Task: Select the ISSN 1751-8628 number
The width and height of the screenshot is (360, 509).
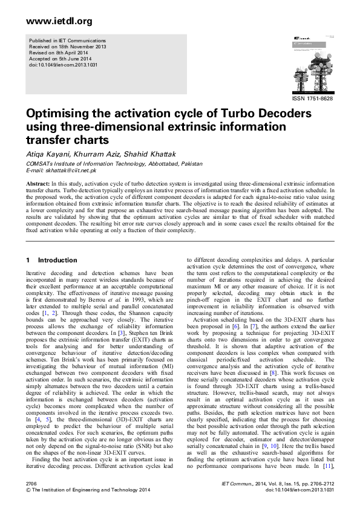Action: [312, 97]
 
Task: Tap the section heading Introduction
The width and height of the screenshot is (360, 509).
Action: [57, 261]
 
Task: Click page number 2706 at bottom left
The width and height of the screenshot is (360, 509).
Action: [32, 485]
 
